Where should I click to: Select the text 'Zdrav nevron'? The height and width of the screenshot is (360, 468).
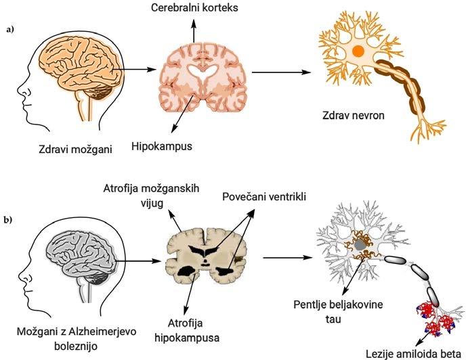pos(353,115)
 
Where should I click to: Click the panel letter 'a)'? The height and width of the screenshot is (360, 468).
pos(9,31)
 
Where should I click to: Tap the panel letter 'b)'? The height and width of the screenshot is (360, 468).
pos(9,220)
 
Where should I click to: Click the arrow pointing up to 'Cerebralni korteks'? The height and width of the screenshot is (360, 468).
pos(194,31)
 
